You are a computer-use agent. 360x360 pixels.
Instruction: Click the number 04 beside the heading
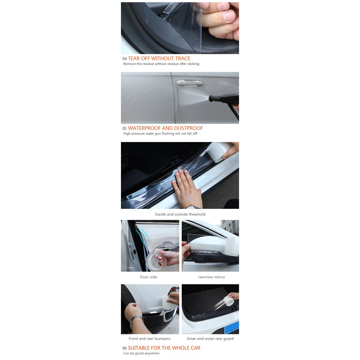click(x=124, y=59)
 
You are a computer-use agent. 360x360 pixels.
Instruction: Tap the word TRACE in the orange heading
click(x=182, y=59)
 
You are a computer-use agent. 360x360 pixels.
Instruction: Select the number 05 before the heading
click(x=124, y=129)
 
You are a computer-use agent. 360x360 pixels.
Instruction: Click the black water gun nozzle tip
click(x=211, y=99)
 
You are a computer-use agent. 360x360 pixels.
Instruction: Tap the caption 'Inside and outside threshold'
click(x=180, y=214)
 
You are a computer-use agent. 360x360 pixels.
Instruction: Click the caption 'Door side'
click(x=149, y=277)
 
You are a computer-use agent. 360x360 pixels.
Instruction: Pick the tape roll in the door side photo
click(x=156, y=262)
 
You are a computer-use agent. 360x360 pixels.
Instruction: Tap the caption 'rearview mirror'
click(x=212, y=277)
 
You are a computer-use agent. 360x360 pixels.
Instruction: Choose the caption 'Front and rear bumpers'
click(x=149, y=339)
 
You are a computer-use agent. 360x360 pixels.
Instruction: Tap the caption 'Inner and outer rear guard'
click(x=210, y=339)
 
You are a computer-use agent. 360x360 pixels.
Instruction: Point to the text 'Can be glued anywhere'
click(x=141, y=353)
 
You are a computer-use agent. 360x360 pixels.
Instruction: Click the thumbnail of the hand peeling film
click(x=180, y=28)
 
